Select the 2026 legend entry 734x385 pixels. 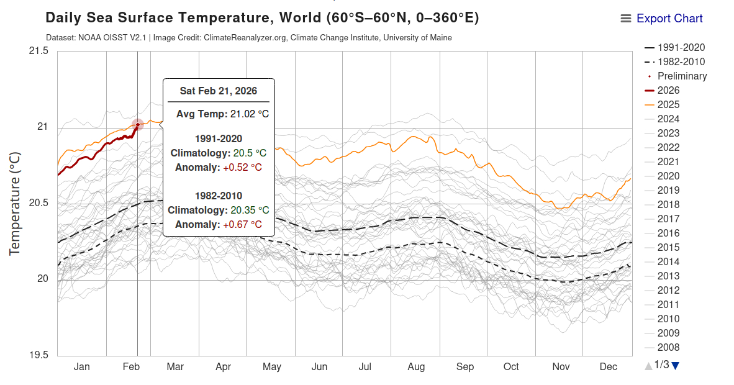coord(668,91)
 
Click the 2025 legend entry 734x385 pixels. coord(668,105)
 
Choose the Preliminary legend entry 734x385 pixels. coord(682,76)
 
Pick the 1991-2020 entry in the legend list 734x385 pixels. coord(681,48)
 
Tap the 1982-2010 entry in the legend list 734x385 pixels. coord(681,62)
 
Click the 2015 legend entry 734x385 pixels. coord(668,248)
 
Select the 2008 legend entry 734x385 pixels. coord(668,348)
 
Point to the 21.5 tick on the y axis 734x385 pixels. coord(39,51)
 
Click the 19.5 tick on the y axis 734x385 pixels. coord(39,356)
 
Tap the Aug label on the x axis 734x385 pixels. coord(416,367)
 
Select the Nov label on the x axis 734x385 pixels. coord(561,367)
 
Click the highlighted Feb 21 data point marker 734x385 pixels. coord(138,125)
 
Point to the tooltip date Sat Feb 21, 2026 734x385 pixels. coord(218,91)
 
